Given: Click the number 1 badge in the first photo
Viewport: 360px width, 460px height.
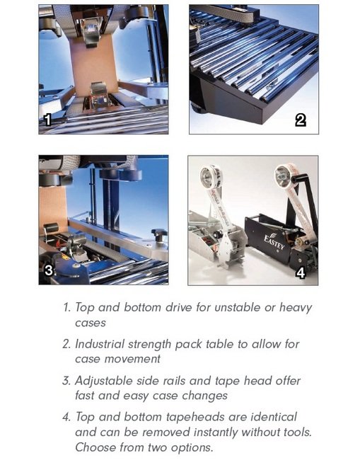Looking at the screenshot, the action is tap(47, 120).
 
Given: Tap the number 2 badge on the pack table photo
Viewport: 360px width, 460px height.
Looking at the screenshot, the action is tap(301, 120).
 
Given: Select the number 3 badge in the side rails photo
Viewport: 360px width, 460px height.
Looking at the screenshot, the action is tap(49, 270).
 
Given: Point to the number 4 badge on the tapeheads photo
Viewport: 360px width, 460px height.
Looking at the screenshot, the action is tap(301, 273).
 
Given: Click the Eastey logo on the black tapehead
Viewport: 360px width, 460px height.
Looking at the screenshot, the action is tap(274, 241).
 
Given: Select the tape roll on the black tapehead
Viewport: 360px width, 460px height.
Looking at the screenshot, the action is tap(284, 176).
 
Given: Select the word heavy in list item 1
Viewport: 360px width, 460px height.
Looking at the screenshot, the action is tap(296, 308).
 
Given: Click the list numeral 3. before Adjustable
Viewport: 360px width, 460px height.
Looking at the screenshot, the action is tap(66, 381).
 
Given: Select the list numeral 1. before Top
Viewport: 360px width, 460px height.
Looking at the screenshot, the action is tap(67, 307).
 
